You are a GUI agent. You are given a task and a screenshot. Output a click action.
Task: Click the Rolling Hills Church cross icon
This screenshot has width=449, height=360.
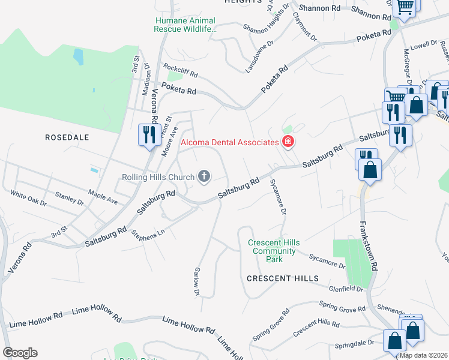click(x=204, y=176)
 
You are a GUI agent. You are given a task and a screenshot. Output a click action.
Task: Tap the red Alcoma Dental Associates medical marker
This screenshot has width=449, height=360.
click(x=288, y=142)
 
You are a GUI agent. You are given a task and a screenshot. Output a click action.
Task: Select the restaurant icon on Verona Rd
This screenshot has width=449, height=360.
click(x=148, y=134)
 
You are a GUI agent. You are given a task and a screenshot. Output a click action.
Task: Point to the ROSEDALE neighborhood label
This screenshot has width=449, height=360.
click(x=67, y=137)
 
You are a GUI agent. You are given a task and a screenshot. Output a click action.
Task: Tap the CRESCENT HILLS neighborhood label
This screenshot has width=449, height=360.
click(x=282, y=279)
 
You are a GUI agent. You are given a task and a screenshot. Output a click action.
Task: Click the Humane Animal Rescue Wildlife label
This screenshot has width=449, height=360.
click(x=184, y=24)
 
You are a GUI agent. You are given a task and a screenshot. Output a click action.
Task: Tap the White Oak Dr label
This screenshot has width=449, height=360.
click(x=28, y=199)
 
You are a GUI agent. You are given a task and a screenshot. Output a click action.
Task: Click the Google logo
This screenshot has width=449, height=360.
click(x=20, y=353)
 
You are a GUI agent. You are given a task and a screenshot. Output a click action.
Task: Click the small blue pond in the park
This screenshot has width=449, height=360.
click(x=78, y=57)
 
